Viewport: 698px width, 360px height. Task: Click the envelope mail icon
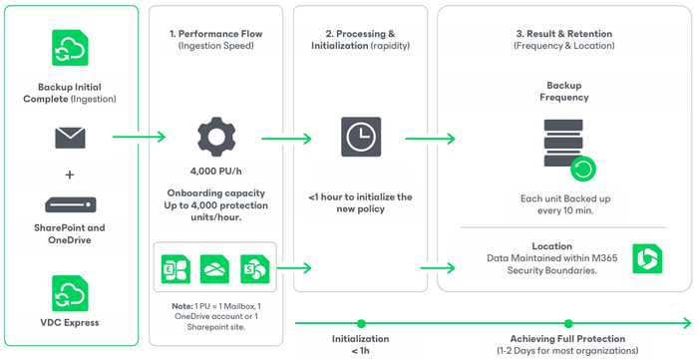(x=70, y=138)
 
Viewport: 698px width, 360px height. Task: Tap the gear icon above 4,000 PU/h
(x=216, y=137)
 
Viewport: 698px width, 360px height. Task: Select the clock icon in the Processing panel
(x=361, y=137)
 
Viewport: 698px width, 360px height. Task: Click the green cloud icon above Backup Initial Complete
(x=70, y=48)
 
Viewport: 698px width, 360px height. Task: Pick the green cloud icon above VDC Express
(x=70, y=293)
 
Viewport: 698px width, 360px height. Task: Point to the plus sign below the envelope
(x=70, y=175)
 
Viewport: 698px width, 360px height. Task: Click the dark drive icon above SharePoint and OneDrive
(x=71, y=204)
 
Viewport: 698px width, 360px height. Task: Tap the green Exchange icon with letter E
(x=175, y=269)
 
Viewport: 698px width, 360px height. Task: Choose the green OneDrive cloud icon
(x=214, y=269)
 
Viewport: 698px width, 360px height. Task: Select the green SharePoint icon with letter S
(x=254, y=269)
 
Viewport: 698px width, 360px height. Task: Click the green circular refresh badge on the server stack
(x=583, y=170)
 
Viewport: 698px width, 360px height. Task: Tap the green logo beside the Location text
(x=647, y=258)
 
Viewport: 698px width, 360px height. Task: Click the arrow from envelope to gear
(x=139, y=137)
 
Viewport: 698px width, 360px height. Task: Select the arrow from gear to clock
(x=286, y=139)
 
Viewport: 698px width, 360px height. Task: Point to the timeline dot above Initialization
(x=361, y=323)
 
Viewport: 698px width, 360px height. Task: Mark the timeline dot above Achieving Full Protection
(x=568, y=323)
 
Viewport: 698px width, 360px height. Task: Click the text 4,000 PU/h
(x=216, y=172)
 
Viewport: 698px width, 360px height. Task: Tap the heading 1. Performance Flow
(x=216, y=34)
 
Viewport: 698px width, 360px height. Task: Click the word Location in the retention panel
(x=552, y=246)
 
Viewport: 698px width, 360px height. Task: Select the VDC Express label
(x=70, y=323)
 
